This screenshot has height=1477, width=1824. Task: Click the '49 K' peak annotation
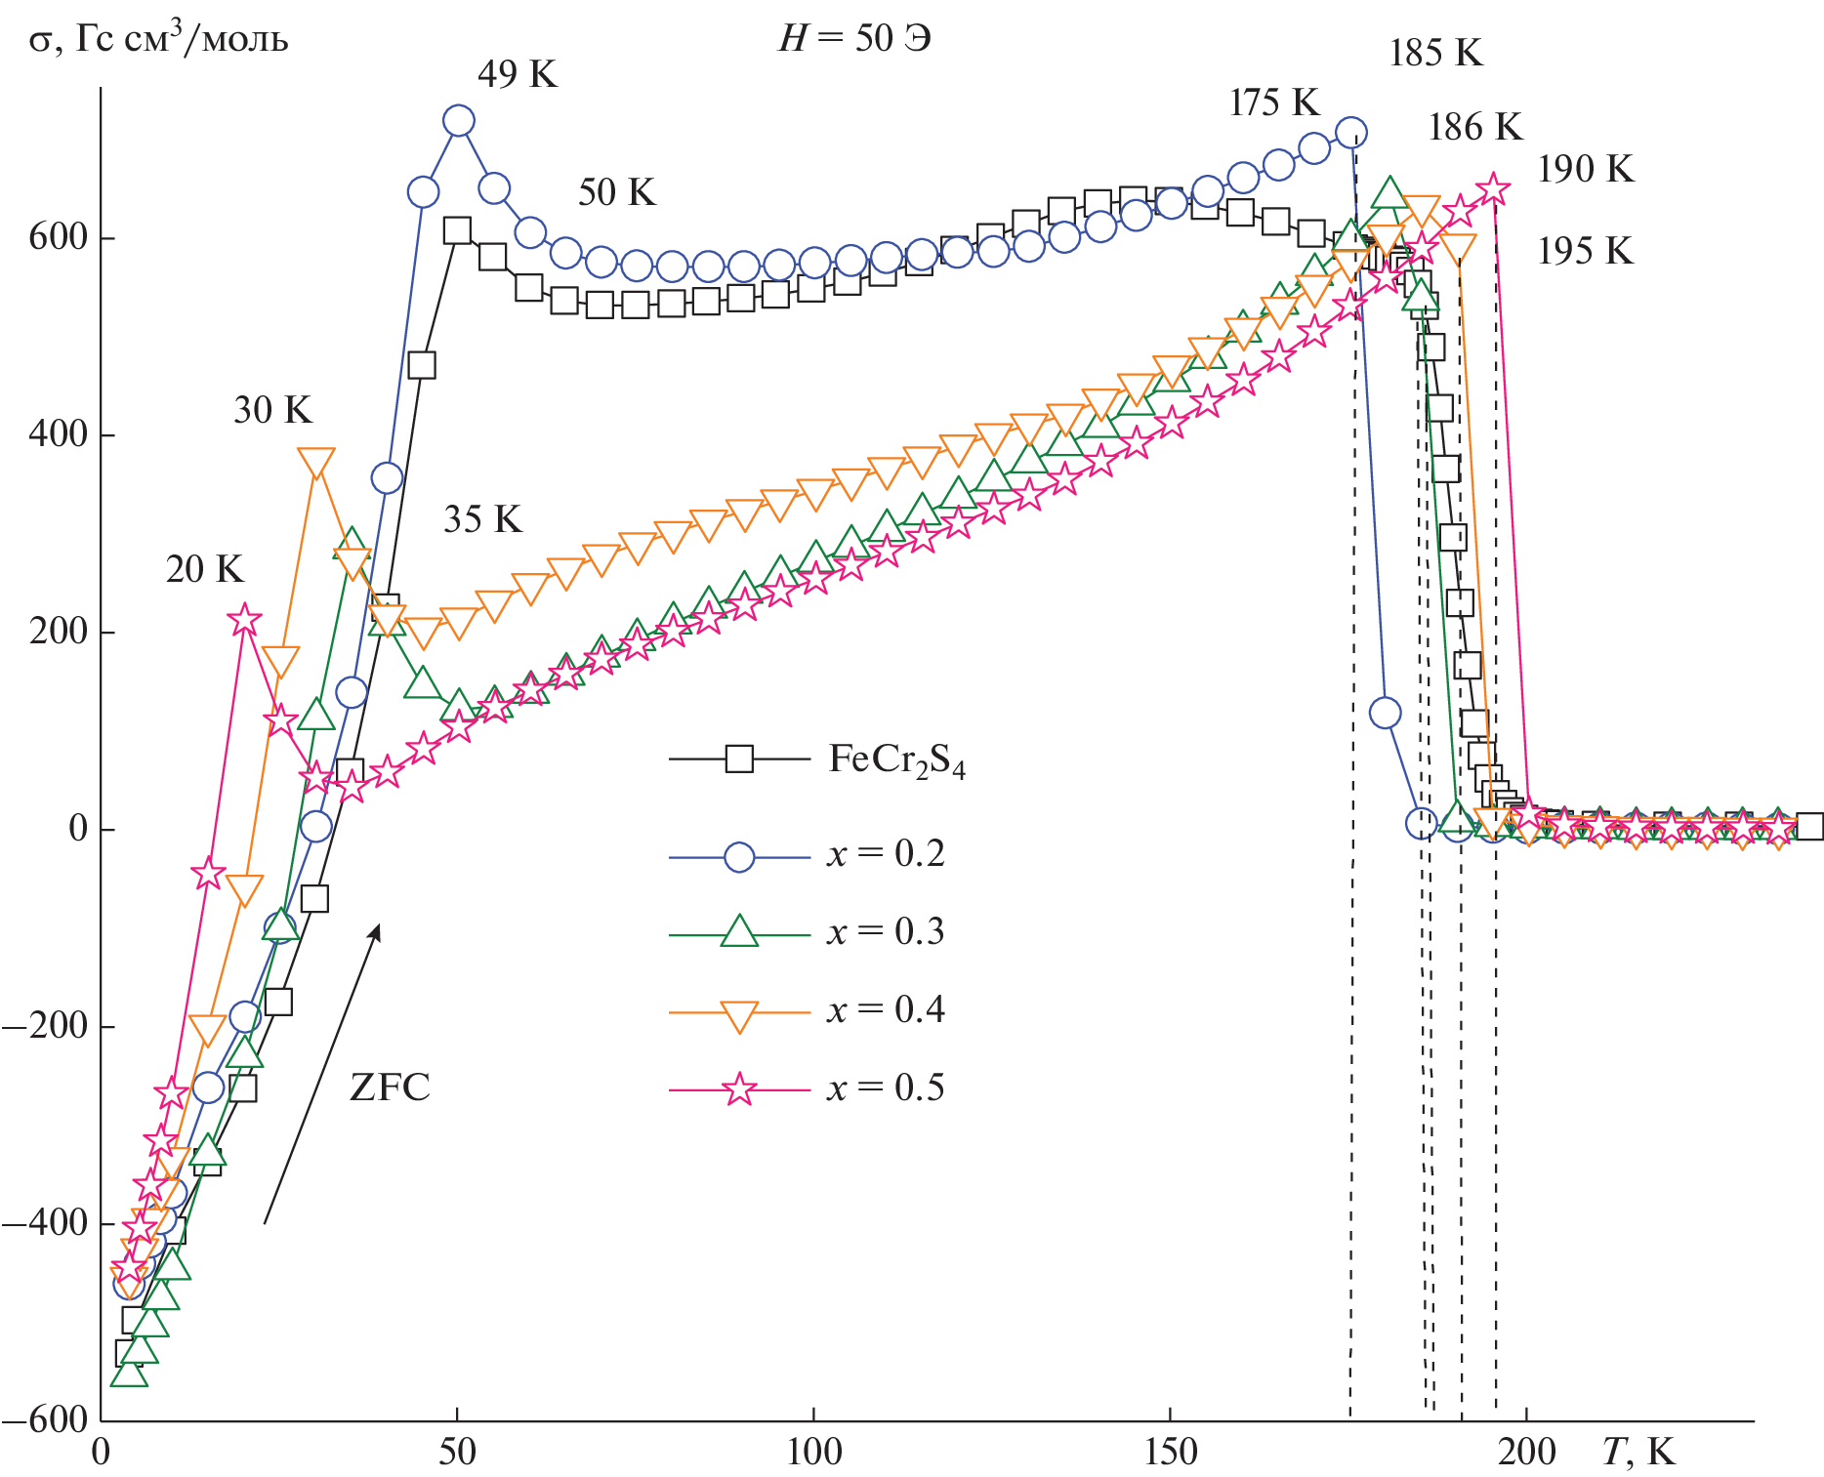517,74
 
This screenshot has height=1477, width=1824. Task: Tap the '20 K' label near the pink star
203,569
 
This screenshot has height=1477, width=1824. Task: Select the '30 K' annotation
272,410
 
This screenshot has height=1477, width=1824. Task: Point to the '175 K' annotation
1273,103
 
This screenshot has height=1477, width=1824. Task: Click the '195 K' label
1585,252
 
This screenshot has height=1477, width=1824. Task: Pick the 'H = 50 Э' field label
854,39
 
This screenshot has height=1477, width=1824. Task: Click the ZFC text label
390,1087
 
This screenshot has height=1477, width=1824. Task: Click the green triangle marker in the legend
739,932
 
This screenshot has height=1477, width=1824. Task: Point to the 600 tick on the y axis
59,237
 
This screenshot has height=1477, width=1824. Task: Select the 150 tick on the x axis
1170,1453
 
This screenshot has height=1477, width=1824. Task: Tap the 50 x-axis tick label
457,1453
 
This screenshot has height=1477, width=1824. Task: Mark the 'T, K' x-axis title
1637,1453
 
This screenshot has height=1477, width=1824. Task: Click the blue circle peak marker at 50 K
458,121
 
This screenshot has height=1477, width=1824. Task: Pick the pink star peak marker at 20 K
244,619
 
